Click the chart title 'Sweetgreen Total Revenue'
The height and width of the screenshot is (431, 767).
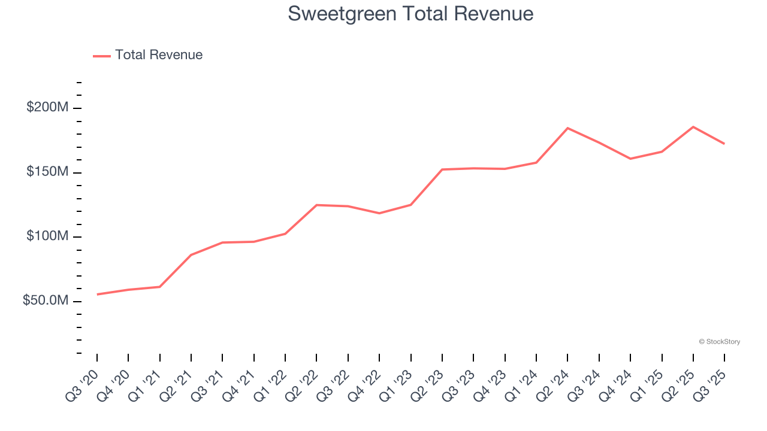pyautogui.click(x=410, y=14)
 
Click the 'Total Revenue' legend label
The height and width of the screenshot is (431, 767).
pyautogui.click(x=159, y=55)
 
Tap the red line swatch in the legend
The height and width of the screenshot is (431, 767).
pyautogui.click(x=102, y=56)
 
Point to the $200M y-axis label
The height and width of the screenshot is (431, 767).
pyautogui.click(x=47, y=108)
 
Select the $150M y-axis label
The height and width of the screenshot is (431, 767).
pyautogui.click(x=47, y=172)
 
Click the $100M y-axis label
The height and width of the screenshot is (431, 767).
pyautogui.click(x=47, y=236)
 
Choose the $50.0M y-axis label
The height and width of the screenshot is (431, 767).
pyautogui.click(x=46, y=301)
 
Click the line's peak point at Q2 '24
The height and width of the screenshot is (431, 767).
pyautogui.click(x=567, y=128)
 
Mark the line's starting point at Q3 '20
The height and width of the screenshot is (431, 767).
pyautogui.click(x=97, y=295)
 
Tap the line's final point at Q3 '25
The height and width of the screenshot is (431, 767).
pyautogui.click(x=724, y=144)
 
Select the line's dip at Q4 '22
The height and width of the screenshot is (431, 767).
pyautogui.click(x=379, y=213)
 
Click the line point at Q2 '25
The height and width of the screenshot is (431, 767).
pyautogui.click(x=693, y=127)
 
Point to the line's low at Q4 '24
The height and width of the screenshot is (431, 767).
pyautogui.click(x=630, y=159)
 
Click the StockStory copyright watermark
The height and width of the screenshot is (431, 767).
pyautogui.click(x=719, y=342)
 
